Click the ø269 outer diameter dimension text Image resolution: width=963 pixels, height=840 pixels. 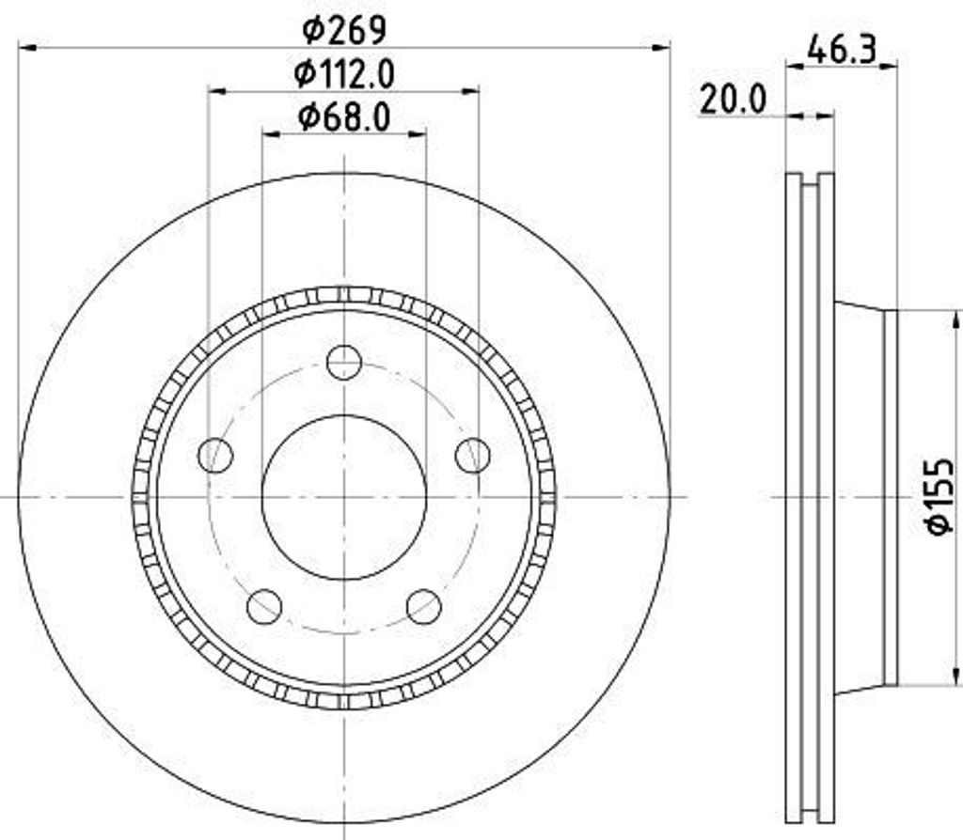pos(343,30)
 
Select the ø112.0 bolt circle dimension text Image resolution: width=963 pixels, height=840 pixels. pos(343,73)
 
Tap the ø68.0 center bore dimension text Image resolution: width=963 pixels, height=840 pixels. pos(343,117)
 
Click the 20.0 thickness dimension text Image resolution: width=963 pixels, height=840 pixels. pos(733,99)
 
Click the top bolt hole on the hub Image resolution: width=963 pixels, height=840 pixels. pos(344,362)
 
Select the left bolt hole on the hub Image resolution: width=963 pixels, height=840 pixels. pos(215,455)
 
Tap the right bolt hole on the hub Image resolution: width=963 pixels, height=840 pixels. pos(472,455)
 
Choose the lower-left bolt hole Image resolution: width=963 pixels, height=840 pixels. pos(264,606)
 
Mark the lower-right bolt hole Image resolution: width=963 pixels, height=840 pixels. pos(424,606)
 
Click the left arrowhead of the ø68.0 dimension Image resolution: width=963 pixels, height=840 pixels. pos(270,134)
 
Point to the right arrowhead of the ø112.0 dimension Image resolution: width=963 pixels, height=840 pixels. pos(471,90)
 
